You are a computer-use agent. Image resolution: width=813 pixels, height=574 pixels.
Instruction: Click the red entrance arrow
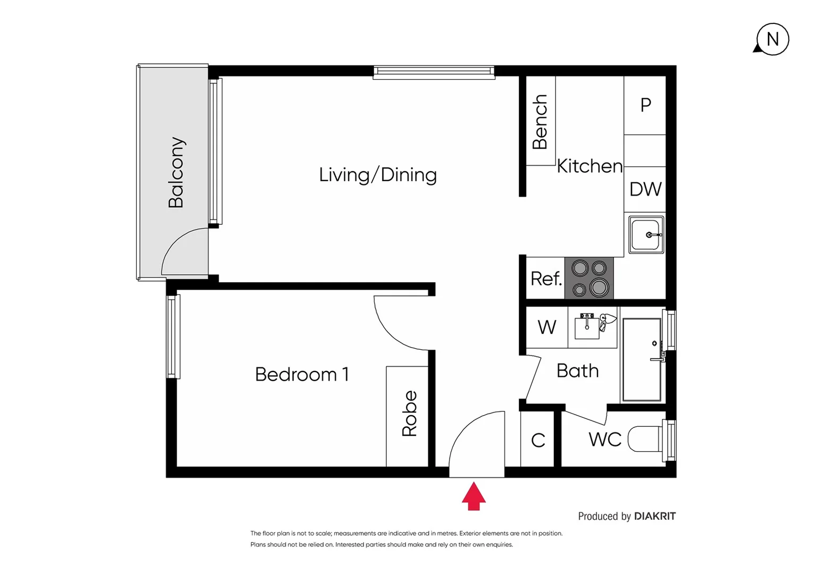(x=474, y=496)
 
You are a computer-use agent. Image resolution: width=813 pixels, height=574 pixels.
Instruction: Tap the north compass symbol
(x=772, y=39)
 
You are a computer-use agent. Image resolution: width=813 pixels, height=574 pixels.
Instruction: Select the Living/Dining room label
(x=378, y=175)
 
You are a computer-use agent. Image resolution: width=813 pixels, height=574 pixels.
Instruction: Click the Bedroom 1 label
(x=302, y=375)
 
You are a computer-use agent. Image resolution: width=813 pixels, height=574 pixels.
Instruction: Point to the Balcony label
(x=176, y=172)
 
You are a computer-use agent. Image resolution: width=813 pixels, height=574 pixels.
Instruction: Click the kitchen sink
(x=646, y=234)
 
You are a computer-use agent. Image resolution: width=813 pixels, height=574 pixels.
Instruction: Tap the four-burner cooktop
(x=589, y=278)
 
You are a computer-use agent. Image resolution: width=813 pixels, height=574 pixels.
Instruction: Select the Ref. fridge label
(x=546, y=278)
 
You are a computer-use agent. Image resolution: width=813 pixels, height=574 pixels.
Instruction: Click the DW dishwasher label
(x=645, y=189)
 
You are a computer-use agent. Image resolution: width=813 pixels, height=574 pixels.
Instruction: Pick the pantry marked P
(x=645, y=105)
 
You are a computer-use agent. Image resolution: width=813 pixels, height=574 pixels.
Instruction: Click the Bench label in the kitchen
(x=540, y=122)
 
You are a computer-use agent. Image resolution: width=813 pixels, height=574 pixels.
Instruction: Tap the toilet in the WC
(x=645, y=439)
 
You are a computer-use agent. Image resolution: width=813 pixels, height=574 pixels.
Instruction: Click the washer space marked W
(x=547, y=327)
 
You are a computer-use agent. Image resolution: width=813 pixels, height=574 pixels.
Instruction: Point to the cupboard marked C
(x=538, y=440)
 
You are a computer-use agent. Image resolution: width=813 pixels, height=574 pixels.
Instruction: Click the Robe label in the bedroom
(x=409, y=413)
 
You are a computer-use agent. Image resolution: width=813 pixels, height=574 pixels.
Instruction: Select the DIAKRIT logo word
(x=654, y=516)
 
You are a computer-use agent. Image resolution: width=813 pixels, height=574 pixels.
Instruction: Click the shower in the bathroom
(x=642, y=360)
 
